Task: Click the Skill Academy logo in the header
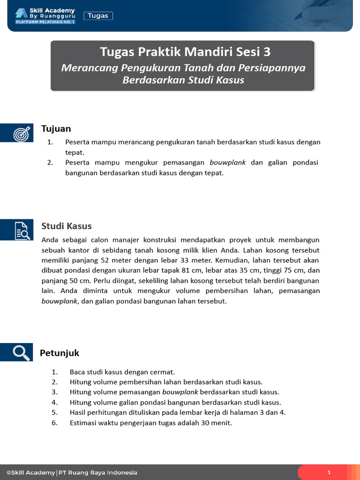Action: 45,15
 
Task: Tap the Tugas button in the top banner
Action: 98,16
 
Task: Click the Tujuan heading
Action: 56,129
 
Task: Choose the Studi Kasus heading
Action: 67,226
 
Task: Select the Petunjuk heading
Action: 60,353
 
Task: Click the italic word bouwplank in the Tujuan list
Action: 227,163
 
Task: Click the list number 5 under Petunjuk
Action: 54,412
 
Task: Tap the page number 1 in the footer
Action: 329,472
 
